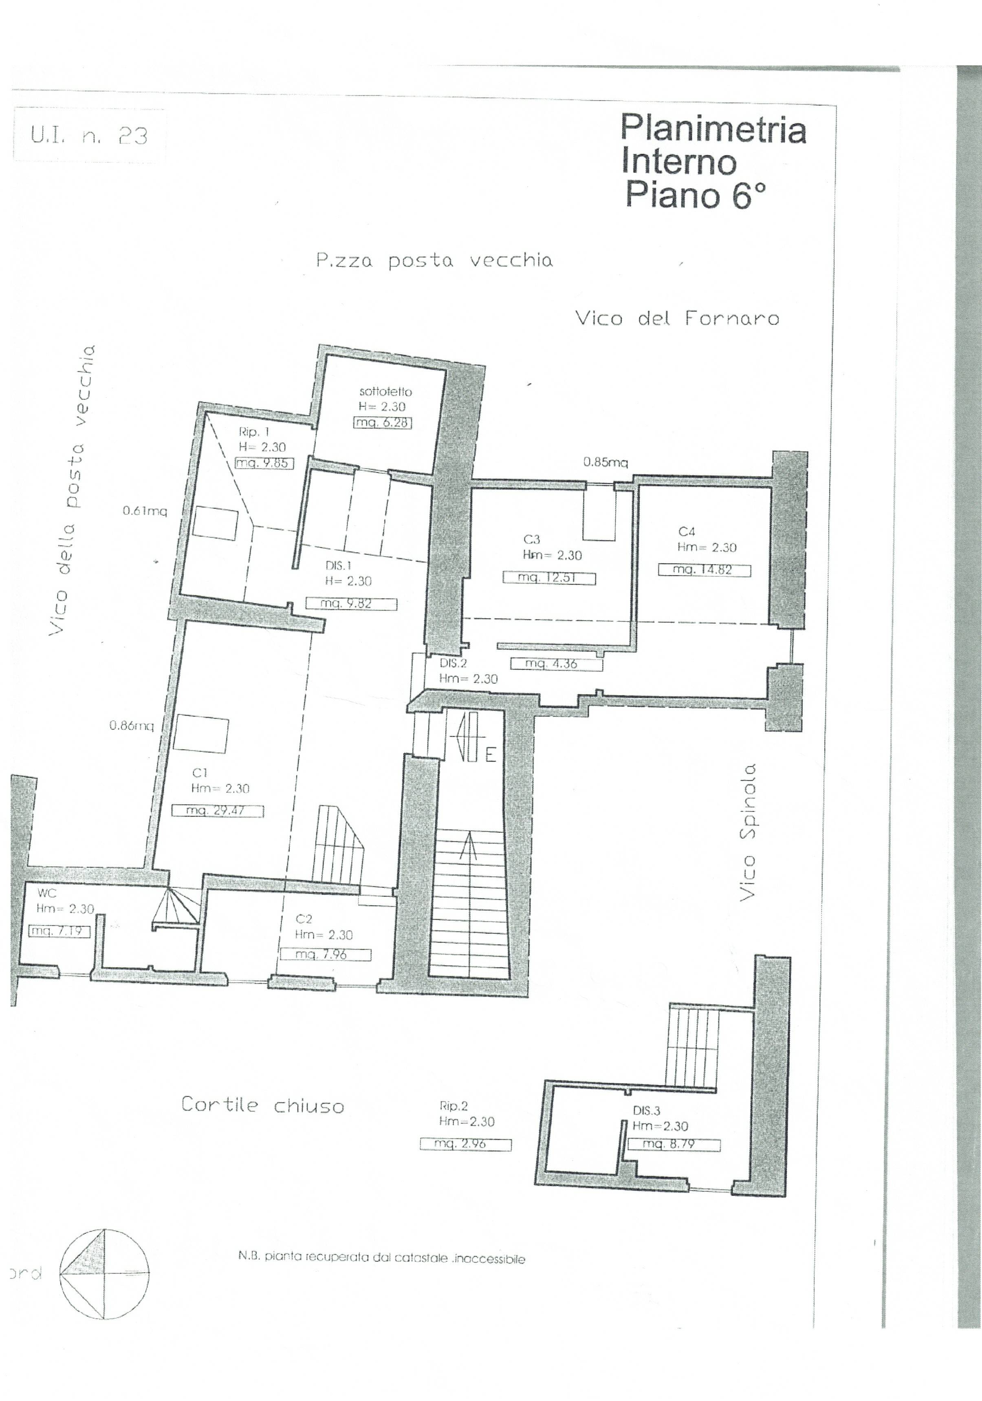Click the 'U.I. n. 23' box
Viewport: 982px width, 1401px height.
pyautogui.click(x=89, y=135)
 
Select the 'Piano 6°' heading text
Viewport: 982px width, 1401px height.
pyautogui.click(x=695, y=195)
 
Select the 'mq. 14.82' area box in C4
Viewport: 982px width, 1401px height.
pyautogui.click(x=703, y=570)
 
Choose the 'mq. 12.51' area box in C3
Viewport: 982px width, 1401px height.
pyautogui.click(x=548, y=577)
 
